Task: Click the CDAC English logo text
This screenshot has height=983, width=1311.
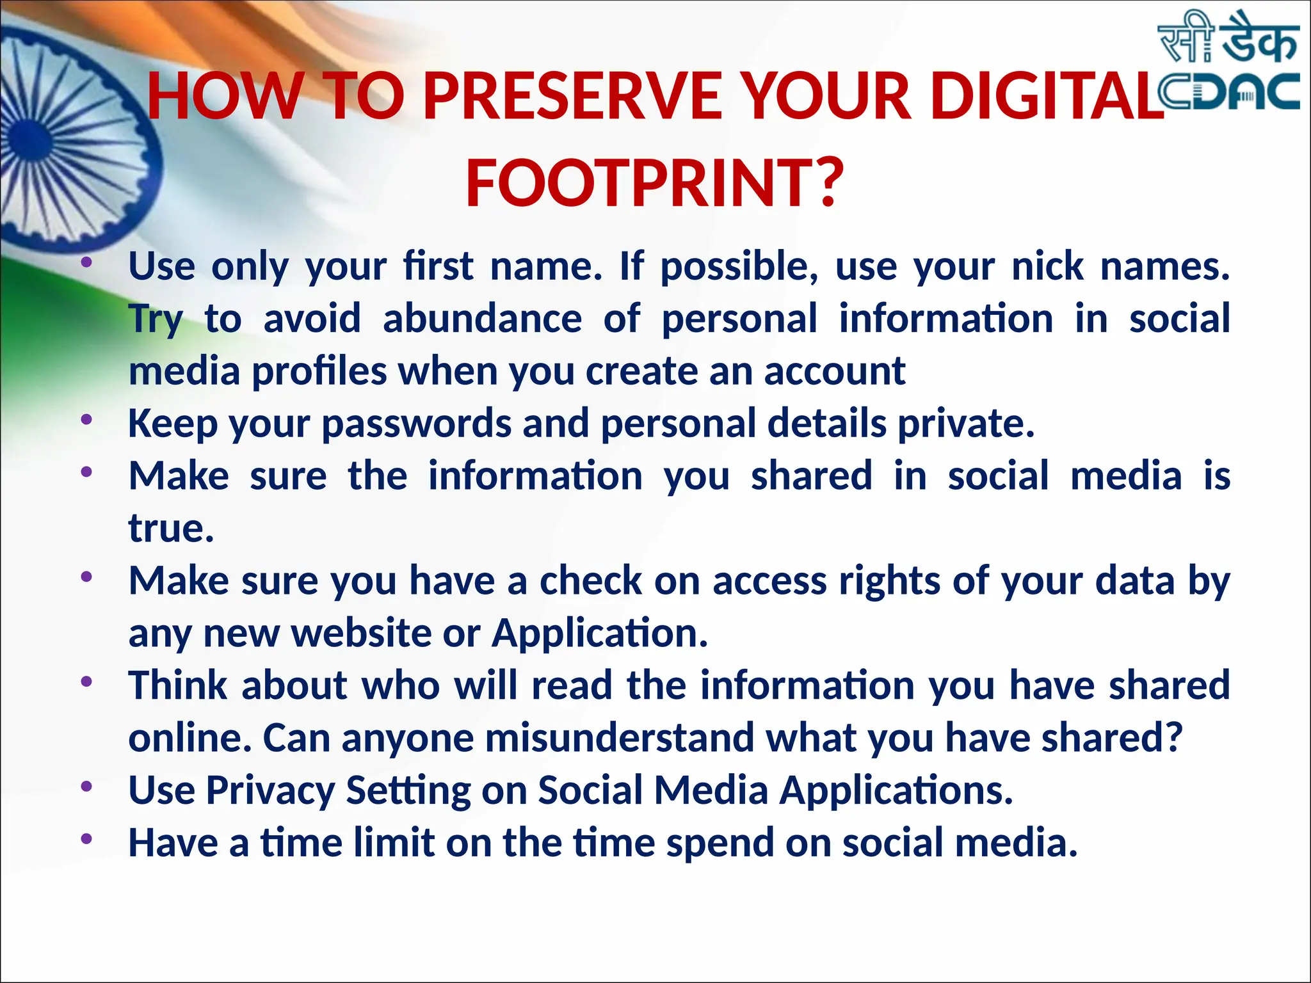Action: tap(1229, 93)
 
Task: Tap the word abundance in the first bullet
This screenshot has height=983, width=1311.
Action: tap(482, 318)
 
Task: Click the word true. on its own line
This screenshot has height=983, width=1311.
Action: tap(171, 529)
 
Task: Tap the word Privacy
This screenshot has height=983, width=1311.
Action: tap(270, 790)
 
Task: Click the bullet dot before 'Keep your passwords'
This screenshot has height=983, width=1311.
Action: tap(86, 420)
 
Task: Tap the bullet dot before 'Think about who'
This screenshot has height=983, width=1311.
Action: tap(86, 682)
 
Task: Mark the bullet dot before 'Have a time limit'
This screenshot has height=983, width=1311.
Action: tap(86, 839)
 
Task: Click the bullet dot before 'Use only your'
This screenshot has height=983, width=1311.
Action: tap(86, 263)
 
